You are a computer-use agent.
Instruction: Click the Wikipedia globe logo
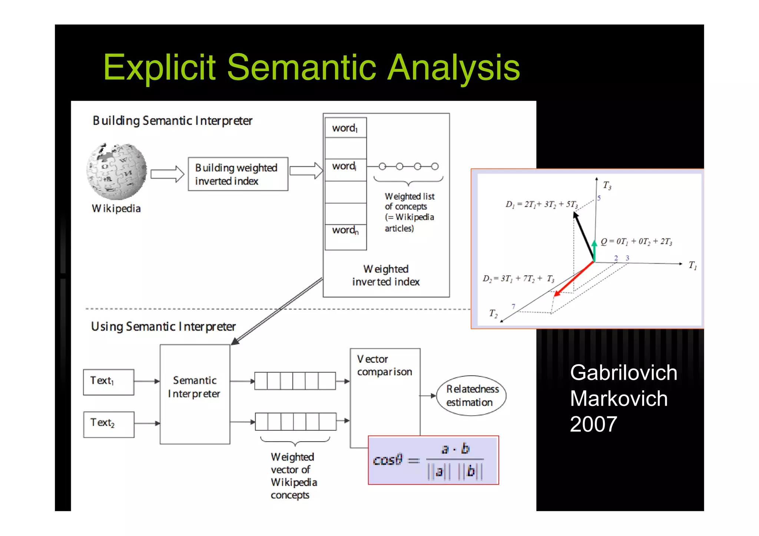(116, 171)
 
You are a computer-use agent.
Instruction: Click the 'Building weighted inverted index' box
(238, 174)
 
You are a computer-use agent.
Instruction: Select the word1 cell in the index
(345, 128)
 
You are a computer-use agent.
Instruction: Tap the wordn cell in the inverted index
(345, 230)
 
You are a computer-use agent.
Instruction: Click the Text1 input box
(109, 382)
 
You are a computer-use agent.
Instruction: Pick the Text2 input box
(109, 424)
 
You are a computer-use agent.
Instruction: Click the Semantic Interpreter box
(195, 394)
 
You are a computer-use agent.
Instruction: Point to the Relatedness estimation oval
(471, 396)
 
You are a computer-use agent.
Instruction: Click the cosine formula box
(433, 460)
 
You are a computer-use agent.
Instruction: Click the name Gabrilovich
(623, 372)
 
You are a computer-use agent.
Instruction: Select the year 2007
(593, 424)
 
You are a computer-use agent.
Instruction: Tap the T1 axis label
(692, 265)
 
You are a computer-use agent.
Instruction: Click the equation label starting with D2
(518, 279)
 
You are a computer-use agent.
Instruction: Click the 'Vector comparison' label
(384, 365)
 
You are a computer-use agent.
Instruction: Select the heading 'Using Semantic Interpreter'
(163, 327)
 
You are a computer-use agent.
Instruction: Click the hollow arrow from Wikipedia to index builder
(167, 174)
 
